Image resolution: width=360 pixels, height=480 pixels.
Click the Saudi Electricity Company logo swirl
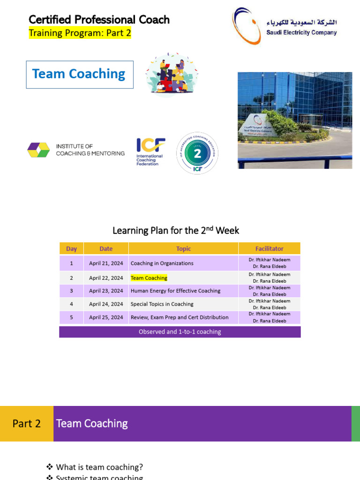[247, 26]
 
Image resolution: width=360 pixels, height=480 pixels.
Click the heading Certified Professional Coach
[99, 20]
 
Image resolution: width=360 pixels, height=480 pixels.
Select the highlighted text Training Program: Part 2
[80, 33]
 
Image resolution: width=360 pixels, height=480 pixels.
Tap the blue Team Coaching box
[80, 74]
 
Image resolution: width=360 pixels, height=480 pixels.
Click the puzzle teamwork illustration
[172, 74]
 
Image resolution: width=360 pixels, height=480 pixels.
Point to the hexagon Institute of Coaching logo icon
[38, 150]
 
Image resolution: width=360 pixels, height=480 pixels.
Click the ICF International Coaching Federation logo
[150, 151]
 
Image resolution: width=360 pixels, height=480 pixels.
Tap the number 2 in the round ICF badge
[197, 153]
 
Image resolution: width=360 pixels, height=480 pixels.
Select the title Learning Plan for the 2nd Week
[176, 231]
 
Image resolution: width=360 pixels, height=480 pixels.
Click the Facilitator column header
[269, 249]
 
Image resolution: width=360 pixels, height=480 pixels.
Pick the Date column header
[106, 249]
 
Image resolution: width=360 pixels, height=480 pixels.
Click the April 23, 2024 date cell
[106, 291]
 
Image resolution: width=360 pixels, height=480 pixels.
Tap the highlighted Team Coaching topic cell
[149, 278]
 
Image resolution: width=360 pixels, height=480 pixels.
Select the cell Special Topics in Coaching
[162, 304]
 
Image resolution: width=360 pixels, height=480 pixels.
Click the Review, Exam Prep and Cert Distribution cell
[180, 317]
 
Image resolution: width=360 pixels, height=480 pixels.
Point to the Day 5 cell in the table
[71, 317]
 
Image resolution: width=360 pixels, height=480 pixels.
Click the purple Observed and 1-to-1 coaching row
[180, 332]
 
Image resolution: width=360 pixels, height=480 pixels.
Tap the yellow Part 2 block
[27, 424]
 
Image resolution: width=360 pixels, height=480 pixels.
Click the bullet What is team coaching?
[99, 467]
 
